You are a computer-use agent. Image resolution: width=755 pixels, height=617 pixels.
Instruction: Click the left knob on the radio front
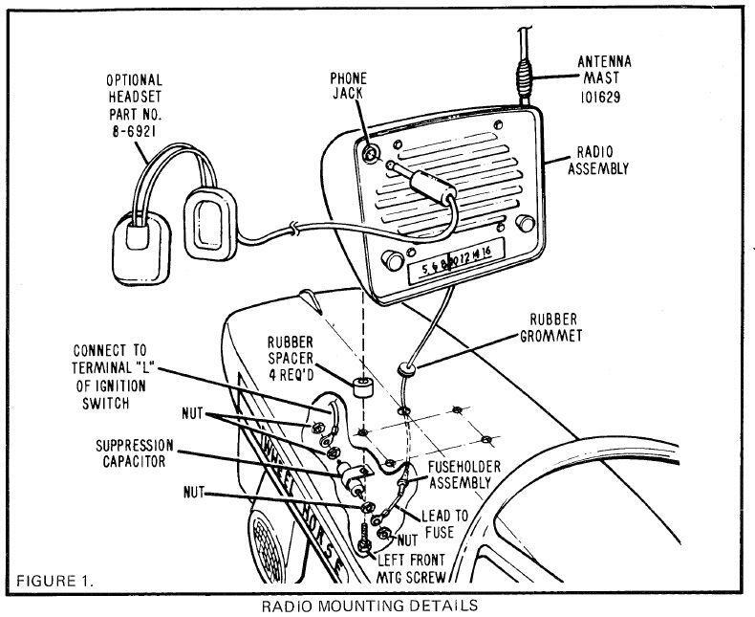391,261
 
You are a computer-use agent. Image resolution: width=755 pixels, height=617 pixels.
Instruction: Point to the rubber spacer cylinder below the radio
361,387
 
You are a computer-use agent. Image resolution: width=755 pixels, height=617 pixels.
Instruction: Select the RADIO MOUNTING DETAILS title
367,605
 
